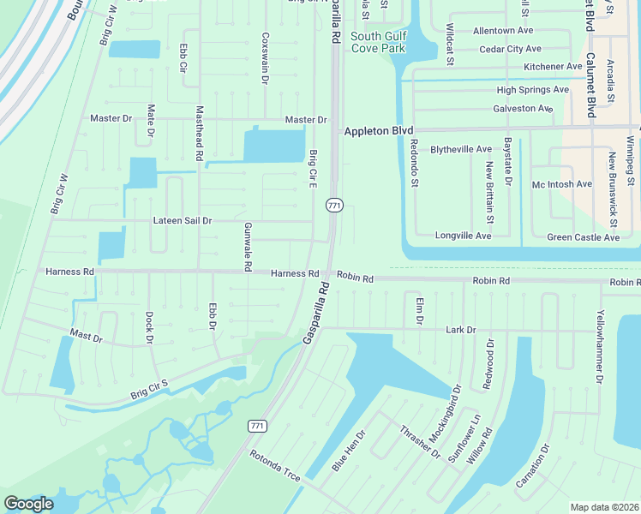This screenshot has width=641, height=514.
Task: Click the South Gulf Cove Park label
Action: [378, 42]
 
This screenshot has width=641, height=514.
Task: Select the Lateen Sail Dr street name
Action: [182, 220]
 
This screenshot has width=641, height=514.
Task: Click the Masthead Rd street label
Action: [199, 134]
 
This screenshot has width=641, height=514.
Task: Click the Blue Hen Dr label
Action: [349, 451]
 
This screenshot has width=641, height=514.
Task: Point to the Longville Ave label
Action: [463, 236]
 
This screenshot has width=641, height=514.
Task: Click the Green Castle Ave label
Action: [583, 237]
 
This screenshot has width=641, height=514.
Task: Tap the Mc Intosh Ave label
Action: [562, 184]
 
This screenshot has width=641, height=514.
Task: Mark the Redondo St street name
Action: [414, 163]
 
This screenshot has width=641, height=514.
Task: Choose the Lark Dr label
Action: [460, 330]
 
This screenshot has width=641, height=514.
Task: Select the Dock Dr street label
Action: [149, 327]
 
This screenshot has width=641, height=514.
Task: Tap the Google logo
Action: [28, 504]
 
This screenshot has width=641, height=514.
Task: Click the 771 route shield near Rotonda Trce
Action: [256, 426]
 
